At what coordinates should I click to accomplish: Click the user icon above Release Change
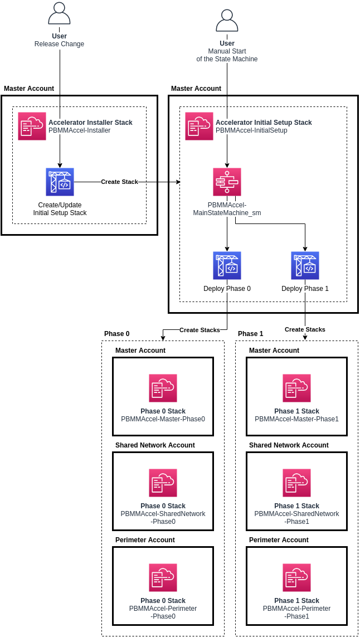tap(60, 13)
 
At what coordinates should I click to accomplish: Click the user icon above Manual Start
tap(227, 21)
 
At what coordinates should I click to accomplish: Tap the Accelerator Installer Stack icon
tap(32, 126)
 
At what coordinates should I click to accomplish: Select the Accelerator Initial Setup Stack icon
tap(199, 126)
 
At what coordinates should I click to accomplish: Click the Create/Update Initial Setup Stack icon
tap(60, 182)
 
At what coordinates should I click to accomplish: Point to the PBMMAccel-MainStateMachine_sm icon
tap(227, 182)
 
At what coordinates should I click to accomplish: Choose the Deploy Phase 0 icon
tap(227, 265)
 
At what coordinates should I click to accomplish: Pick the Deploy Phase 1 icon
tap(305, 265)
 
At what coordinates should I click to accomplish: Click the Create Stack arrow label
tap(119, 182)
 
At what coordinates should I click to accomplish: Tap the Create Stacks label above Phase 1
tap(305, 329)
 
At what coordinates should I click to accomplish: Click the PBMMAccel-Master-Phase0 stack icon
tap(163, 388)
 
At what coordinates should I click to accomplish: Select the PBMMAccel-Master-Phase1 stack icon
tap(296, 388)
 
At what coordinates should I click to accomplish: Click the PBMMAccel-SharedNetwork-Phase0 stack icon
tap(163, 483)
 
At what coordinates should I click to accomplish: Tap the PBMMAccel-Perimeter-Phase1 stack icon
tap(296, 577)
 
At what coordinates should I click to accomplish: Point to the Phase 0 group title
tap(116, 334)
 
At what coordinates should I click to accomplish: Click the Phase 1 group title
tap(250, 334)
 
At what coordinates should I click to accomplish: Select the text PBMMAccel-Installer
tap(79, 130)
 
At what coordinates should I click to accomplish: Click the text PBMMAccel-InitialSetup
tap(251, 130)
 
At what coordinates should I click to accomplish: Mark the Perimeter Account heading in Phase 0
tap(145, 540)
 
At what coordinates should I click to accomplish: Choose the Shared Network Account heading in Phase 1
tap(289, 445)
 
